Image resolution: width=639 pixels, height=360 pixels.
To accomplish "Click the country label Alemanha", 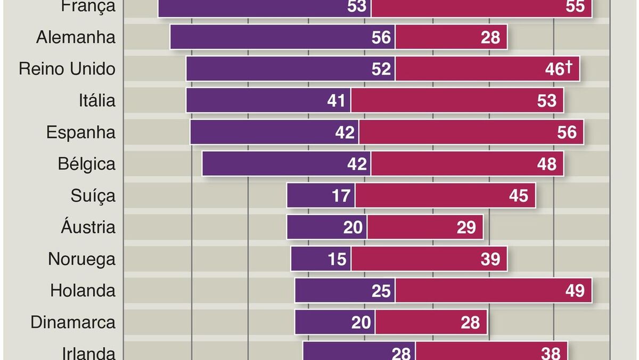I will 76,38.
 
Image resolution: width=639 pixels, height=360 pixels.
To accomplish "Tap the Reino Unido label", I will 67,69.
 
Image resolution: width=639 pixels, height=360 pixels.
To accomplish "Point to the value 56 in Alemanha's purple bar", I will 382,38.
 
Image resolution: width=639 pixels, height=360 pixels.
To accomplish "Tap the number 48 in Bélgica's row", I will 547,164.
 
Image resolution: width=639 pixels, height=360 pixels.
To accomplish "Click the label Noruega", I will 81,259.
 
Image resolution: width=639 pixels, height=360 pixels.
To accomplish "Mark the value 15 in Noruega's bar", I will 337,259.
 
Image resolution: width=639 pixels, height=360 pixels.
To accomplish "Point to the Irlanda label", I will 88,353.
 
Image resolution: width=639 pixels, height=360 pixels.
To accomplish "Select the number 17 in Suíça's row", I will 341,195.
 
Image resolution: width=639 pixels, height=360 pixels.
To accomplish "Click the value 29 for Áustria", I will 466,227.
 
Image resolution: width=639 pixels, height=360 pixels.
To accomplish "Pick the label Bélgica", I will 87,164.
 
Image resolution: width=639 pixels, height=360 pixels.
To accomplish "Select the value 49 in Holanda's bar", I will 575,291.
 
